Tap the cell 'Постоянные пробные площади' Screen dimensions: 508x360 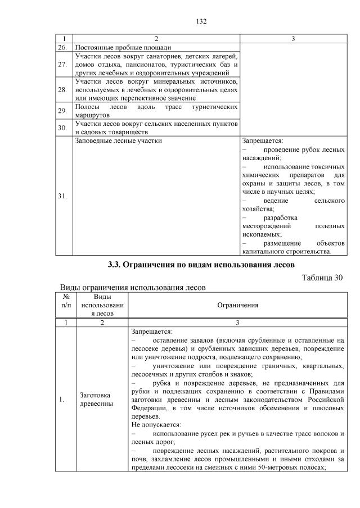[x=123, y=47]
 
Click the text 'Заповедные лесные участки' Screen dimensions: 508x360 [x=118, y=140]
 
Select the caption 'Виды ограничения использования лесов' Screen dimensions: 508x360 [x=133, y=287]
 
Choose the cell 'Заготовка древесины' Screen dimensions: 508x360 [x=96, y=400]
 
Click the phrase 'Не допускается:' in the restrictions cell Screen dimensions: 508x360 [x=155, y=425]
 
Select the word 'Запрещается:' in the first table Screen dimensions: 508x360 [x=262, y=140]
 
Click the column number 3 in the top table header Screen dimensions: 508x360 [x=293, y=39]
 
